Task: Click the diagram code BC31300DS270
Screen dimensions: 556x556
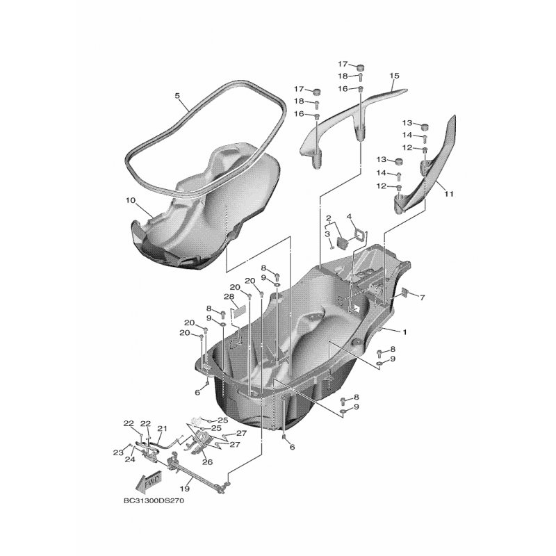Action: pos(154,501)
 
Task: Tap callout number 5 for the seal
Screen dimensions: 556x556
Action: pos(177,95)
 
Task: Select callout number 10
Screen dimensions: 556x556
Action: pos(131,201)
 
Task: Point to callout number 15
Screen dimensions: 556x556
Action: pos(394,76)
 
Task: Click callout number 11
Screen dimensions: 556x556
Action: pos(449,194)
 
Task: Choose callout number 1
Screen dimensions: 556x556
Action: pos(404,332)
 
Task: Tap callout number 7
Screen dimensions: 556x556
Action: pos(422,298)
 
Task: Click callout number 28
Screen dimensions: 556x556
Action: pos(229,297)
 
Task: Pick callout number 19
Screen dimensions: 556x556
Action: pos(185,489)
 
